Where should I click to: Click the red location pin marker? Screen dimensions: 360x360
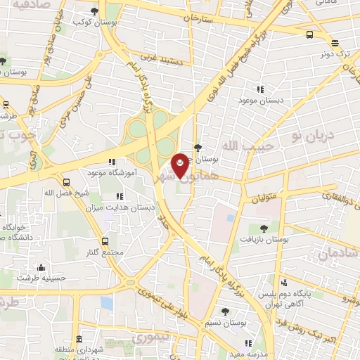point(181,165)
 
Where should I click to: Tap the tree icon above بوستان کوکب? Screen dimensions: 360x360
point(96,11)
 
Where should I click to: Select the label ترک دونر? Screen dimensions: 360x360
point(335,53)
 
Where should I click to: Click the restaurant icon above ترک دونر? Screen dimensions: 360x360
point(309,34)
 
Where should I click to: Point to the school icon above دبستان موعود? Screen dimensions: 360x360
point(261,89)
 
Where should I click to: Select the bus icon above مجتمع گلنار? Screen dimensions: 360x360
point(106,240)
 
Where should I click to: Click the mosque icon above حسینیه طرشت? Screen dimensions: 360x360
point(41,266)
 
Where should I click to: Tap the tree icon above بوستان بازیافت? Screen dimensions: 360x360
point(264,229)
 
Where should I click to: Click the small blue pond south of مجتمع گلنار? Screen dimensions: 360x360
point(106,302)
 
